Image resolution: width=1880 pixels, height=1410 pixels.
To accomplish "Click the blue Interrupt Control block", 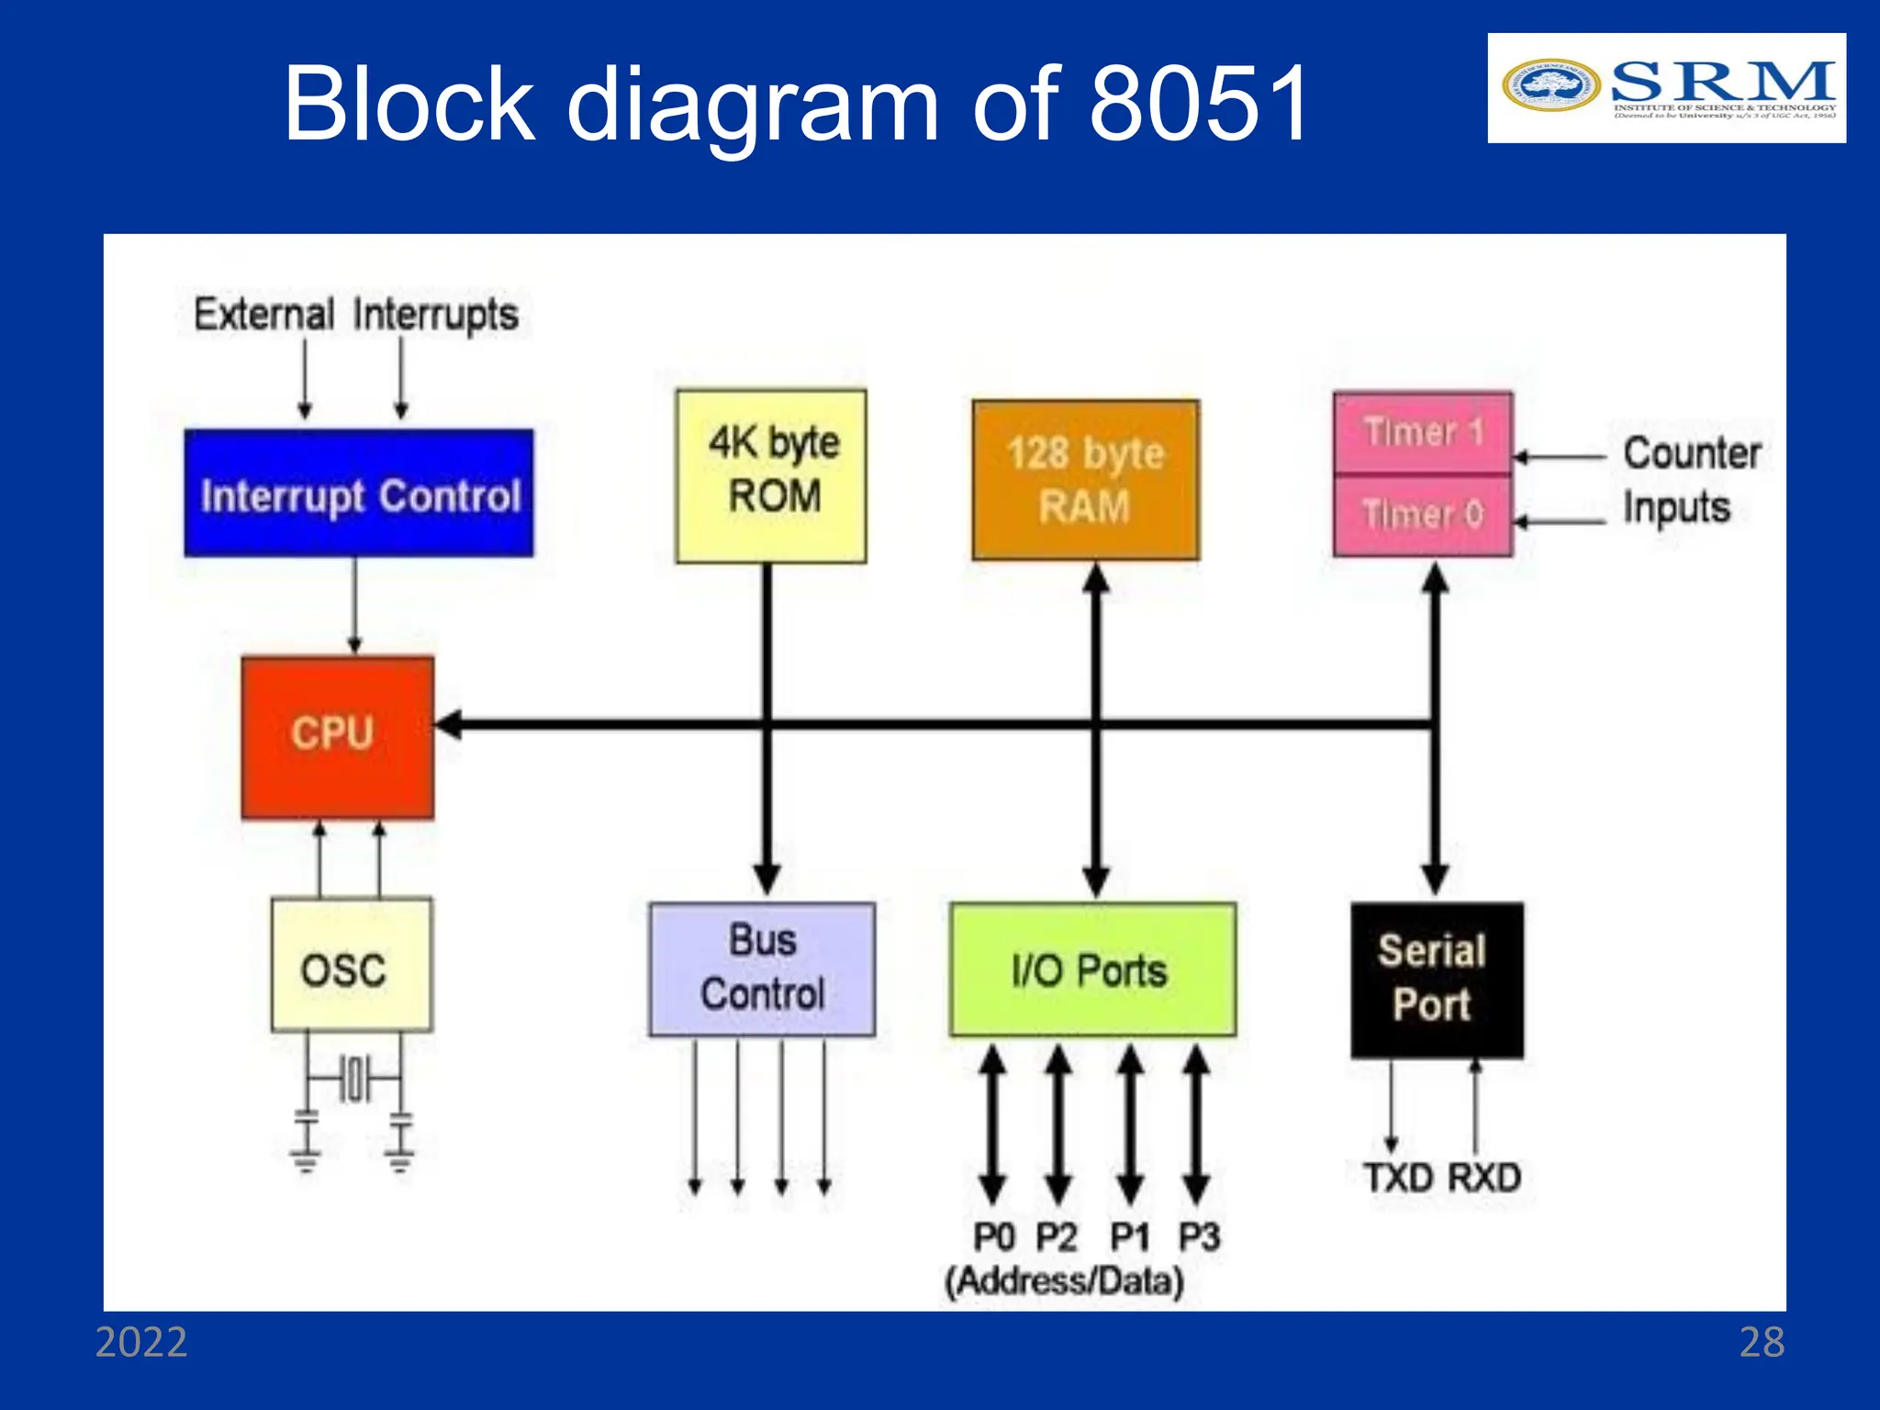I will coord(358,493).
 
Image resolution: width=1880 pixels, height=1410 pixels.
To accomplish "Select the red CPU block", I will coord(337,736).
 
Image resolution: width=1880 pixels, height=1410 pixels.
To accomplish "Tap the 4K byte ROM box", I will coord(771,476).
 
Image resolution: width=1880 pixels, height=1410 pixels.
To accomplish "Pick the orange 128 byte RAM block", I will coord(1085,479).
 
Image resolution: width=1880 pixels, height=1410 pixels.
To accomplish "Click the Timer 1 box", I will coord(1422,431).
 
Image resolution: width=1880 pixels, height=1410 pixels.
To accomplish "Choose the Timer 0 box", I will coord(1422,514).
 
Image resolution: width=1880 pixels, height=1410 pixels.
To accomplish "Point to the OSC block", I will coord(351,966).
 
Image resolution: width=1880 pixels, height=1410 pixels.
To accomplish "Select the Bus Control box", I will coord(762,968).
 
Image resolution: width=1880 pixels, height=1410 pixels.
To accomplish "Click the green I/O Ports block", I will coord(1092,969).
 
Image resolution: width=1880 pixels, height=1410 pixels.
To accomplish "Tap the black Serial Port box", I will coord(1436,979).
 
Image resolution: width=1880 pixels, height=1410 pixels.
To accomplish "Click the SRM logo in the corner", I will coord(1666,88).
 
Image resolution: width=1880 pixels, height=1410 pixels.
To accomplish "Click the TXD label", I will coord(1398,1178).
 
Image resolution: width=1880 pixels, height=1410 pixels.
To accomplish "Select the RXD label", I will coord(1484,1178).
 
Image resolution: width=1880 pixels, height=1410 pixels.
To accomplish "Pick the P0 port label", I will coord(992,1237).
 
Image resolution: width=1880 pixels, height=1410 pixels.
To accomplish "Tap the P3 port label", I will coord(1199,1237).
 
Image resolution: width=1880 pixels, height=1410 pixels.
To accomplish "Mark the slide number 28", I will coord(1762,1342).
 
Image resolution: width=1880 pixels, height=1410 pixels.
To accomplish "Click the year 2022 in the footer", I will coord(141,1342).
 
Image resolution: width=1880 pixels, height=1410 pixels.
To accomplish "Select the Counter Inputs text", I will coord(1691,480).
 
